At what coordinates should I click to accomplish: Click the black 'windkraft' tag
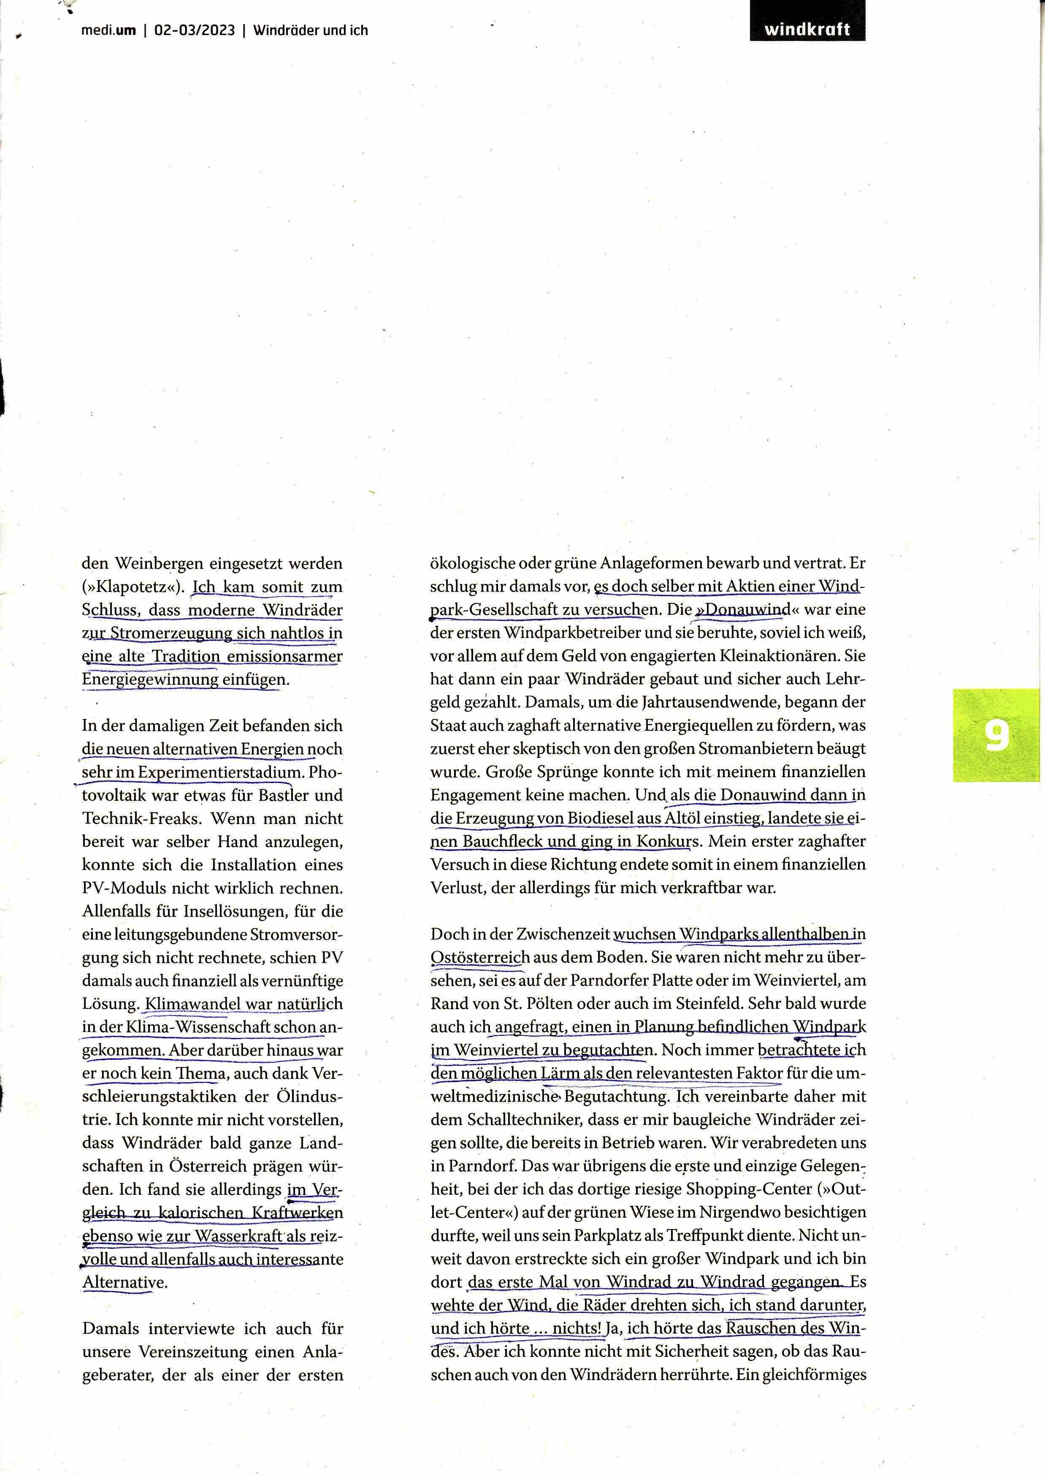click(x=807, y=29)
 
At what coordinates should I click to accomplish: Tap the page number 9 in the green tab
click(x=996, y=736)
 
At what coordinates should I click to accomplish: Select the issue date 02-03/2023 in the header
click(x=195, y=30)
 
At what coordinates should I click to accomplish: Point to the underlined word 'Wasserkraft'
click(x=239, y=1236)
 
